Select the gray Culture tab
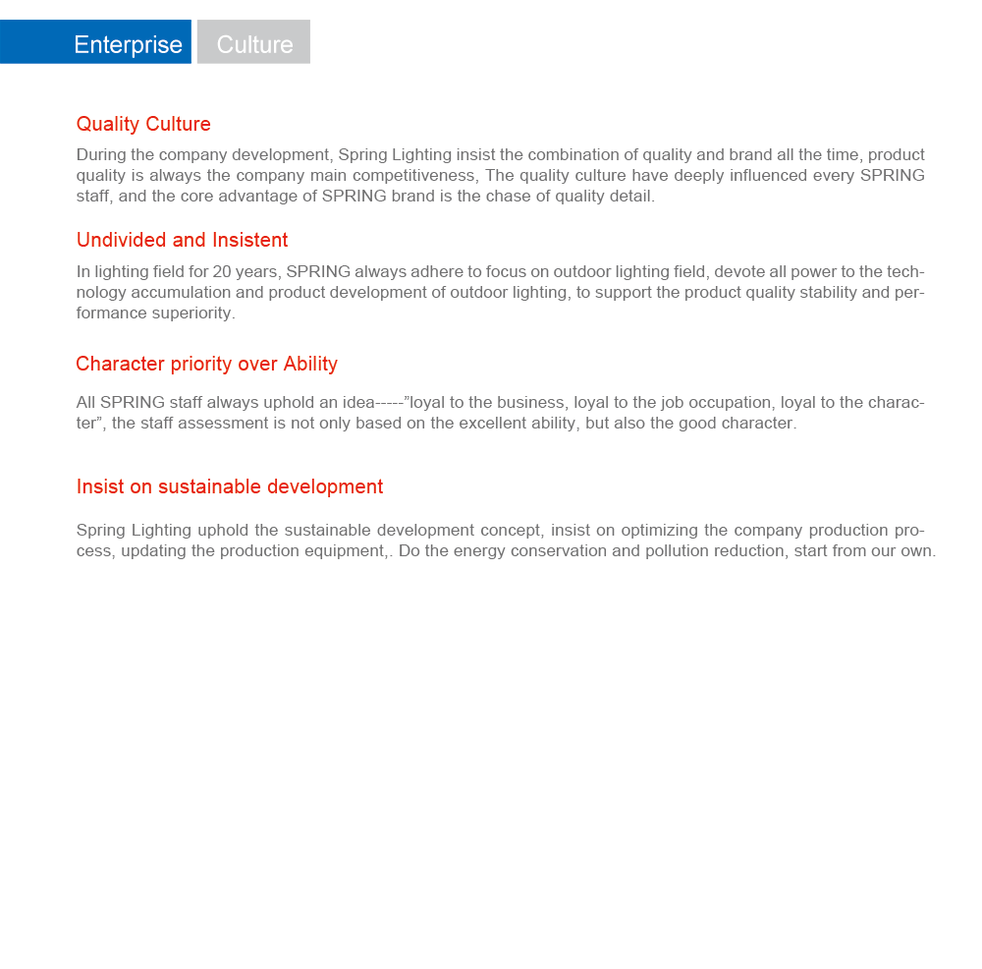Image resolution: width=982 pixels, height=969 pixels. pos(254,44)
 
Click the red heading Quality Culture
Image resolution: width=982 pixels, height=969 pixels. pos(143,124)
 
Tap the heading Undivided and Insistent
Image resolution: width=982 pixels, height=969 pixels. pos(182,240)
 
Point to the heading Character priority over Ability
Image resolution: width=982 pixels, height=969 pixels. pos(206,364)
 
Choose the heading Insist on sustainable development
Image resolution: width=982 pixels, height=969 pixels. pos(230,486)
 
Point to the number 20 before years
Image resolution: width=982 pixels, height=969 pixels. pos(222,271)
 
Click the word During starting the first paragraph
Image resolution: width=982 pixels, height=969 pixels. pos(101,154)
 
